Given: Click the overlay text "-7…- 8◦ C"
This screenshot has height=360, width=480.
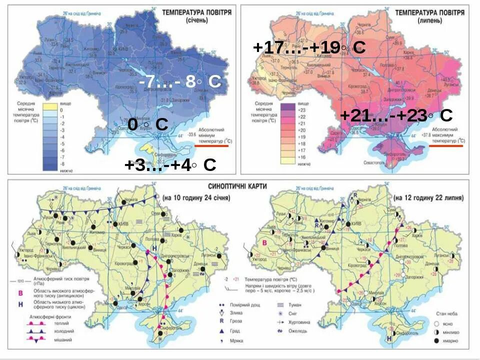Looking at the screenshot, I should tap(180, 81).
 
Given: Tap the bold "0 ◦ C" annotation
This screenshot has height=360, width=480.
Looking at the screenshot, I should tap(147, 124).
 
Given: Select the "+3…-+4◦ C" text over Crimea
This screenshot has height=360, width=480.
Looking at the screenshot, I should tap(170, 165).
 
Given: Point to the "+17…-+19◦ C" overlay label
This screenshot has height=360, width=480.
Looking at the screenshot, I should tap(309, 47).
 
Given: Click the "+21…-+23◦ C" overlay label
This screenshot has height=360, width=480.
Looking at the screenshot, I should tap(396, 115).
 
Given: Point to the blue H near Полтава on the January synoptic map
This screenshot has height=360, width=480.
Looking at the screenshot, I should tap(154, 248).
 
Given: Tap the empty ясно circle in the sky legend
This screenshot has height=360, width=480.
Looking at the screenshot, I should tap(435, 323).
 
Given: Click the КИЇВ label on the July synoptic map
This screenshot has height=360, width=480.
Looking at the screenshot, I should tap(356, 223).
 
